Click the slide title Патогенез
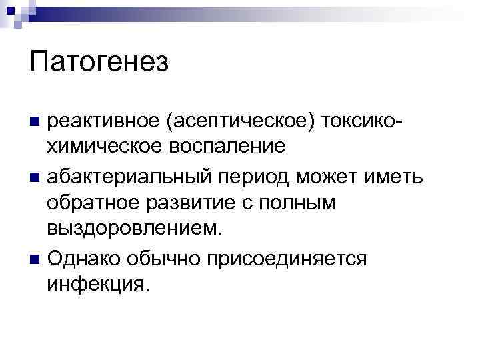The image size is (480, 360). coord(99,63)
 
